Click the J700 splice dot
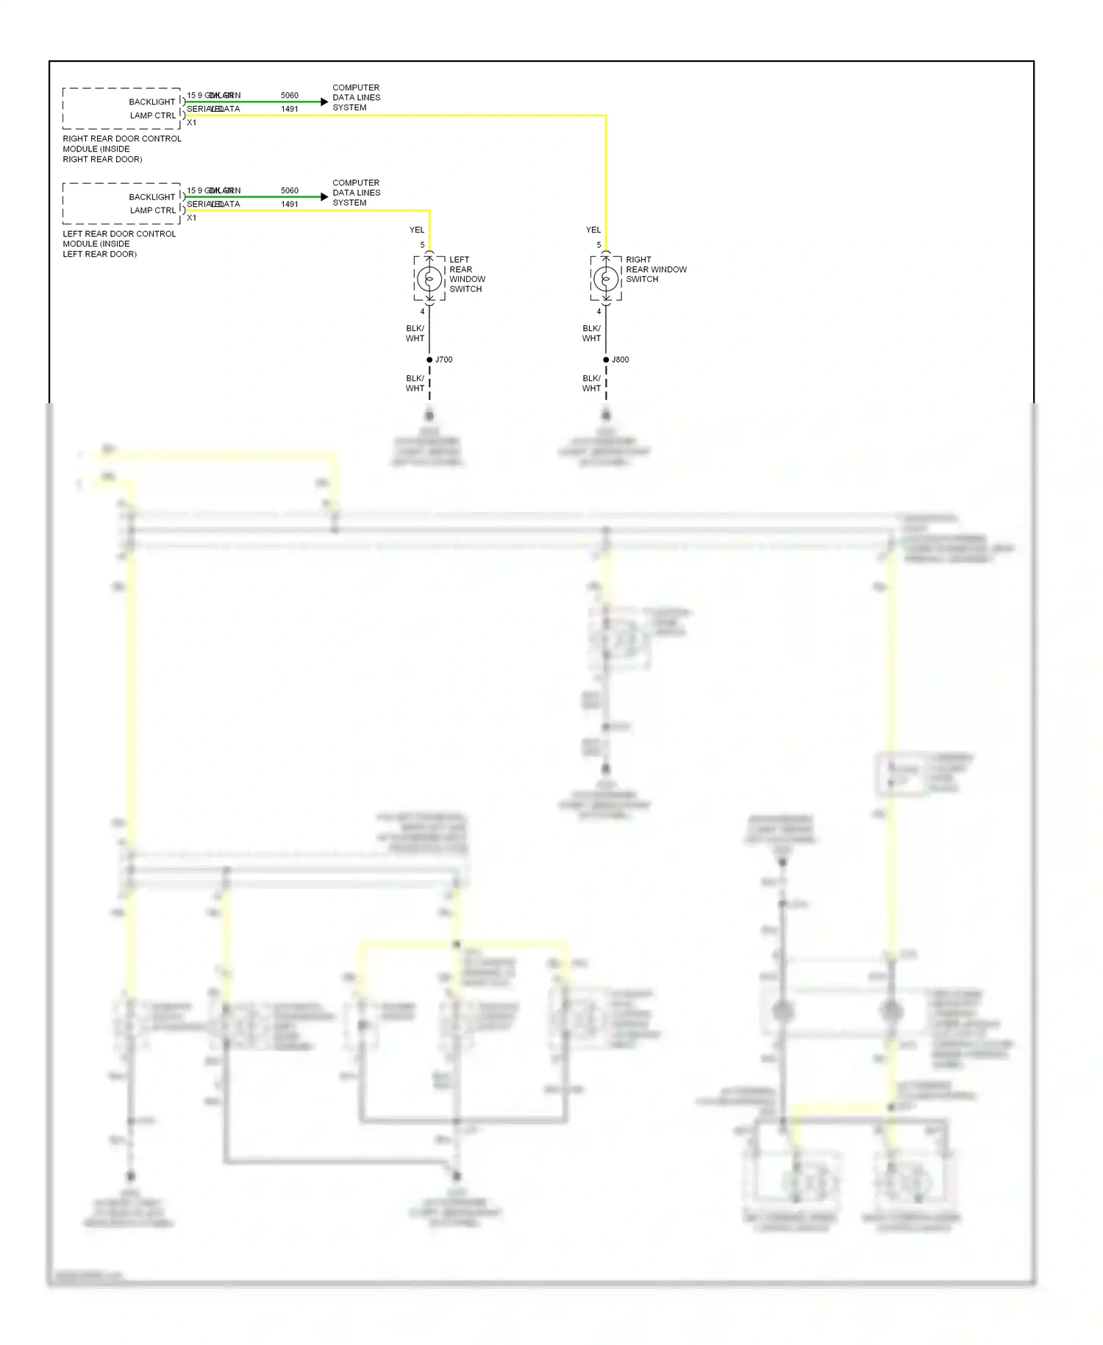click(x=429, y=360)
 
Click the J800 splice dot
click(x=606, y=360)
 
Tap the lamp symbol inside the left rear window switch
click(x=429, y=279)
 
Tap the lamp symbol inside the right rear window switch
click(x=606, y=279)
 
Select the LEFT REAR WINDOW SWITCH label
click(x=467, y=274)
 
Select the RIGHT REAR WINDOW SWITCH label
click(x=655, y=269)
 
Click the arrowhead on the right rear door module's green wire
click(x=324, y=102)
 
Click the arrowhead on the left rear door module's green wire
click(x=324, y=196)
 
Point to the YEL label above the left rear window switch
click(x=417, y=230)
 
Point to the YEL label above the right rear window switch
click(x=593, y=230)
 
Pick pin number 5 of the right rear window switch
click(x=599, y=245)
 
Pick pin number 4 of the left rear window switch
click(x=422, y=311)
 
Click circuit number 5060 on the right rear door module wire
click(x=290, y=96)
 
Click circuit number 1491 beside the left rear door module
click(x=290, y=205)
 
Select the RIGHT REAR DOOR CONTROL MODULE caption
click(x=121, y=149)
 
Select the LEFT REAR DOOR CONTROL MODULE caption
click(x=119, y=244)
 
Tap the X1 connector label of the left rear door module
click(x=192, y=218)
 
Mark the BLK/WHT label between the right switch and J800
click(x=591, y=333)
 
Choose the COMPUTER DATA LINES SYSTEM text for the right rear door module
click(x=356, y=97)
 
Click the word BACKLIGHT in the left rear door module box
click(x=151, y=197)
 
